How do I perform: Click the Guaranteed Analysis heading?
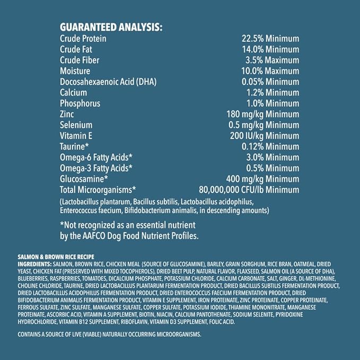(x=111, y=27)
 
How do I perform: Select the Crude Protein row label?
(x=83, y=39)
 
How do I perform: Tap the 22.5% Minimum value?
(x=270, y=39)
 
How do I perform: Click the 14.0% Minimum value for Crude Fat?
(x=270, y=49)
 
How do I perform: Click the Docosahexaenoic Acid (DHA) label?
(x=108, y=82)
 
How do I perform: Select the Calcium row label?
(x=73, y=92)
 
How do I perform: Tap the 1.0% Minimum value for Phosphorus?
(x=271, y=103)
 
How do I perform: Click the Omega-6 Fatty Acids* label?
(x=96, y=157)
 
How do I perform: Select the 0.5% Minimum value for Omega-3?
(x=271, y=168)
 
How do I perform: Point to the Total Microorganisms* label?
(x=98, y=189)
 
